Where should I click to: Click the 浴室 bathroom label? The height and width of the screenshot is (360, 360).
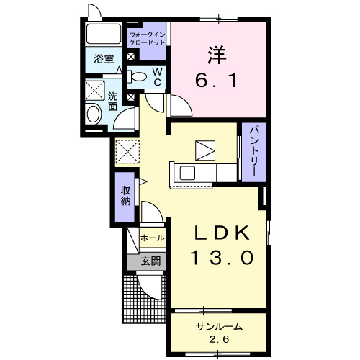pyautogui.click(x=104, y=60)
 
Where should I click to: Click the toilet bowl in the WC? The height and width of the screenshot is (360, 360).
pyautogui.click(x=138, y=75)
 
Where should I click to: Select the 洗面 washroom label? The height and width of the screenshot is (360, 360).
pyautogui.click(x=114, y=101)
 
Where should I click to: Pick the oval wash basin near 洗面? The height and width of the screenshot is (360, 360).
pyautogui.click(x=92, y=114)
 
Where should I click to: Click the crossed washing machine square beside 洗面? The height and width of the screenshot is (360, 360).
pyautogui.click(x=94, y=91)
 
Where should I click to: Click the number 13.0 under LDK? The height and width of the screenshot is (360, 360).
pyautogui.click(x=222, y=258)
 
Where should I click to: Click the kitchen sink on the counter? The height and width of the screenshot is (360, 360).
pyautogui.click(x=186, y=173)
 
